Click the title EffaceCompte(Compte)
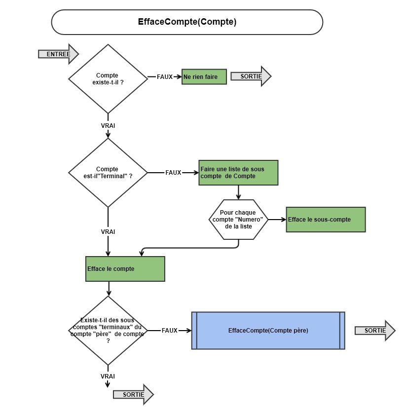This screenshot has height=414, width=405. [x=187, y=22]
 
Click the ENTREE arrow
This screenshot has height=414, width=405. [x=59, y=54]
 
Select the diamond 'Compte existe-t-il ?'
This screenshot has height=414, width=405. [x=108, y=78]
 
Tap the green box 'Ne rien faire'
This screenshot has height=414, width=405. [x=204, y=77]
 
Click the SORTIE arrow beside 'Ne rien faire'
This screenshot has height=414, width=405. [x=251, y=76]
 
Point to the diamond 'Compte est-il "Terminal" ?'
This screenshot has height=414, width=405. [x=108, y=173]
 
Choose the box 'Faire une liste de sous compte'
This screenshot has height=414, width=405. [x=238, y=173]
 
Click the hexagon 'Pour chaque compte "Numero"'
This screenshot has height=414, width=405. [x=238, y=220]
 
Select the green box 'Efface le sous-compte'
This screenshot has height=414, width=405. [x=326, y=220]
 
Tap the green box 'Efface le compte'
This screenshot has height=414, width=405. [x=125, y=269]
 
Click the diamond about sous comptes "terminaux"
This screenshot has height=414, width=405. [x=108, y=331]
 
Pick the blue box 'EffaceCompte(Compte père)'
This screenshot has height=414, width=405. [x=268, y=331]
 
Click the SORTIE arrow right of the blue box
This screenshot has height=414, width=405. [x=375, y=331]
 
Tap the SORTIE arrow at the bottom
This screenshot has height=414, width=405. [x=133, y=394]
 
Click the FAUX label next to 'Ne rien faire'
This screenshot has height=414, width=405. [x=164, y=77]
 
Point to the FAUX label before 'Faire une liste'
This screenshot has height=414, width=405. [x=173, y=173]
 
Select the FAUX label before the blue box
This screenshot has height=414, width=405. [x=170, y=331]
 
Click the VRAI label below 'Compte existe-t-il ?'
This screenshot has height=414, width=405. [x=108, y=126]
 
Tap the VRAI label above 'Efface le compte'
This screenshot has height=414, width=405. [x=108, y=232]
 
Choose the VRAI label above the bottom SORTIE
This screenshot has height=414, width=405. [x=108, y=376]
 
